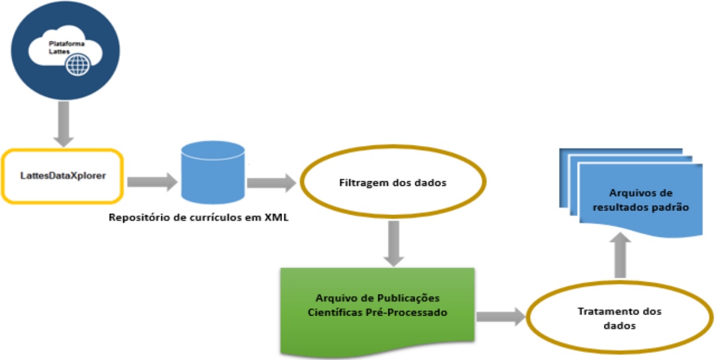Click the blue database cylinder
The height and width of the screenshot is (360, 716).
pyautogui.click(x=213, y=172)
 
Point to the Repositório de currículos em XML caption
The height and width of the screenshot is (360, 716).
pyautogui.click(x=198, y=219)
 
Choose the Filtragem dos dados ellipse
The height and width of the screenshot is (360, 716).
pyautogui.click(x=392, y=183)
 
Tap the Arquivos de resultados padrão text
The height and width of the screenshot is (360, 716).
pyautogui.click(x=641, y=200)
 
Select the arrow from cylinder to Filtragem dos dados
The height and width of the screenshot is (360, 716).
pyautogui.click(x=272, y=182)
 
